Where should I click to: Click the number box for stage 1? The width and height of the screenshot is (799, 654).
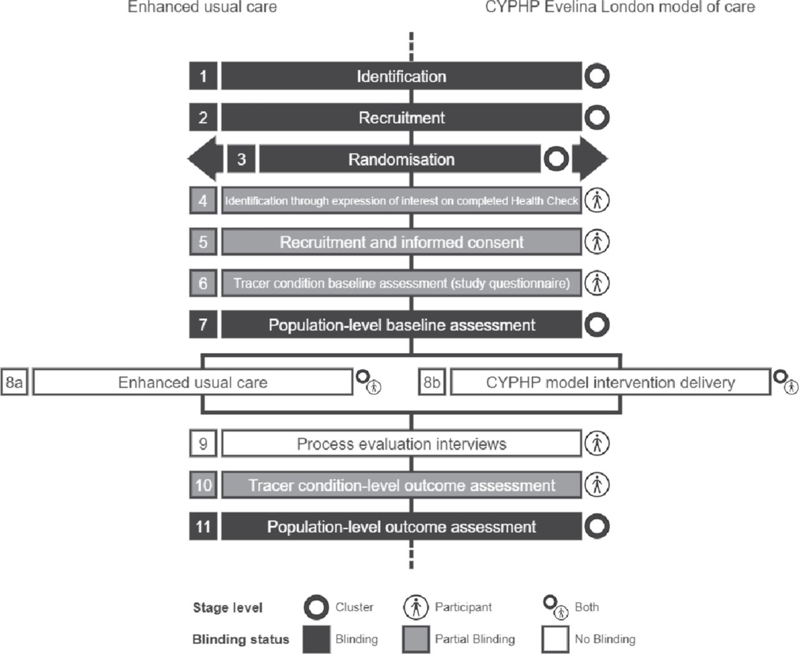(x=203, y=76)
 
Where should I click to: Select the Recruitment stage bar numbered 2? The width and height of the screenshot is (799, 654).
(x=401, y=117)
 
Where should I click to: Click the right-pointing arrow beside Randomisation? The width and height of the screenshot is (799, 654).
(x=590, y=159)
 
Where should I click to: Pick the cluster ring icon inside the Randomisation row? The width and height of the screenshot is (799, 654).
(x=556, y=159)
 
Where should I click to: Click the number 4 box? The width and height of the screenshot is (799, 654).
(x=203, y=200)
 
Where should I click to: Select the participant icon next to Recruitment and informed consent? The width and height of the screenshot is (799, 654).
(x=597, y=242)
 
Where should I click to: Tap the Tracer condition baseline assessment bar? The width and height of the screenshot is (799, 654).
(x=401, y=283)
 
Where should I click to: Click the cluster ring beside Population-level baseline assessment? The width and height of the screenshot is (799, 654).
(x=597, y=325)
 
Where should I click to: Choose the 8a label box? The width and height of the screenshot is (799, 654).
(x=14, y=382)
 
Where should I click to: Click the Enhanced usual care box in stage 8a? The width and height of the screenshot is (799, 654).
(x=193, y=382)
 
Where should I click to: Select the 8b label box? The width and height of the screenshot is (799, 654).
(x=432, y=382)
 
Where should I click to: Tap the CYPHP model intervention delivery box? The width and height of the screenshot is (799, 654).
(x=610, y=382)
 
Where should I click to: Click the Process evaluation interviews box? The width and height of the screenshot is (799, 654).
(x=401, y=444)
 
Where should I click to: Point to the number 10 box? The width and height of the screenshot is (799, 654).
(x=203, y=485)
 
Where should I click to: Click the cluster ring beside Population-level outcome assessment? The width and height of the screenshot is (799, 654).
(x=597, y=526)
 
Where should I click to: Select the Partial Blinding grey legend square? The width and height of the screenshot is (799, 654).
(x=416, y=639)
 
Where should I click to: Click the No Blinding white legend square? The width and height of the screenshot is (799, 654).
(x=556, y=639)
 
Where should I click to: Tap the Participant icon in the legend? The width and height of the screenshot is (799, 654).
(x=416, y=607)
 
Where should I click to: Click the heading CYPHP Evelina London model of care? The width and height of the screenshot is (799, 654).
(x=620, y=7)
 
